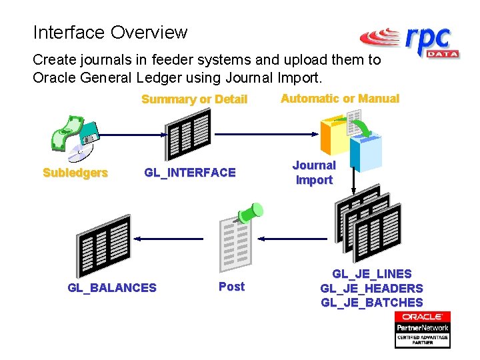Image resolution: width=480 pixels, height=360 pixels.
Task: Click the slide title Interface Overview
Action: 110,32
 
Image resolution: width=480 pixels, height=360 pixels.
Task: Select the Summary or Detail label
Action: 194,99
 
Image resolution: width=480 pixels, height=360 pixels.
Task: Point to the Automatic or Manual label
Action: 340,99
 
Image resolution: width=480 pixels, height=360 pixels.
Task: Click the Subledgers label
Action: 75,173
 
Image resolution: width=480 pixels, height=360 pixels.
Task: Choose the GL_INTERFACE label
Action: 190,173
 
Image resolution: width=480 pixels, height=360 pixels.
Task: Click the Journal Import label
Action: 314,173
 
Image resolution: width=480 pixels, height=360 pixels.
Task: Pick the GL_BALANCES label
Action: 112,288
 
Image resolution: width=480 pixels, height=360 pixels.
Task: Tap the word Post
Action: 231,287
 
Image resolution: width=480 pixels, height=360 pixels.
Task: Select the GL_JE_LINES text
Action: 372,274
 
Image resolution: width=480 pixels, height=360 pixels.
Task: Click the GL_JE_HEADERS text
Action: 372,289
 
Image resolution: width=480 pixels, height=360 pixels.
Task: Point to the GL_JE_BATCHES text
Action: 372,303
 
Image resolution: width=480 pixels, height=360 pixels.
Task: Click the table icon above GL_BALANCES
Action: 104,245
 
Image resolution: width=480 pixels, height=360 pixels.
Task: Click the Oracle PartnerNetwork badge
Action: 423,329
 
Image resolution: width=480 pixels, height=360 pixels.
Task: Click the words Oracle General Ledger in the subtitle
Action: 117,77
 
